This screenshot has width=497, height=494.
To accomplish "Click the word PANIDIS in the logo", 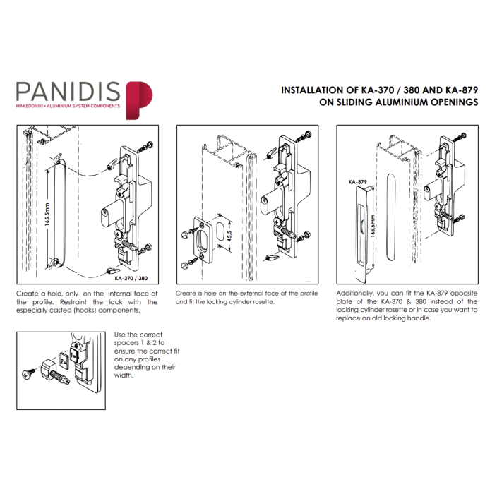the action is (x=68, y=92).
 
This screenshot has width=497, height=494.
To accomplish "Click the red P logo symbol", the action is (x=140, y=100).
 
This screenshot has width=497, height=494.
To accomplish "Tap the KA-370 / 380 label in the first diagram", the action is (x=131, y=278).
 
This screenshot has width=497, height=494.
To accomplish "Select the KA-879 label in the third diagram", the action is (x=357, y=182).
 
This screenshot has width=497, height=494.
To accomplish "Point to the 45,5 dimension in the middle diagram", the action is (x=229, y=236).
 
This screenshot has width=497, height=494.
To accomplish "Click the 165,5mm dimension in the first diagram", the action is (x=47, y=215).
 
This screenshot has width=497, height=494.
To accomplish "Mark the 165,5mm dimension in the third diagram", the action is (x=373, y=226).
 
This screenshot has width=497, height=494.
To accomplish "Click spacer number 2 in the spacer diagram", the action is (x=64, y=361).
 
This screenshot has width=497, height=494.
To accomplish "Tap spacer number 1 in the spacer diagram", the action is (x=73, y=355).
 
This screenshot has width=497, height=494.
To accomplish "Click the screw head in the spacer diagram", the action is (x=27, y=374).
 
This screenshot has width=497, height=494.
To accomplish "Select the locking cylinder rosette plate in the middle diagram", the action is (x=203, y=240).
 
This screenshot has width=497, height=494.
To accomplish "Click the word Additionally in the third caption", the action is (x=354, y=294).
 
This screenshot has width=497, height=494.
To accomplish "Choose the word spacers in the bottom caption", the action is (x=126, y=343).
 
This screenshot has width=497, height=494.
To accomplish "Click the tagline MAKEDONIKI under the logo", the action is (x=30, y=106).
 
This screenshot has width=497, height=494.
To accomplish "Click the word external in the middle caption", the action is (x=251, y=294).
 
